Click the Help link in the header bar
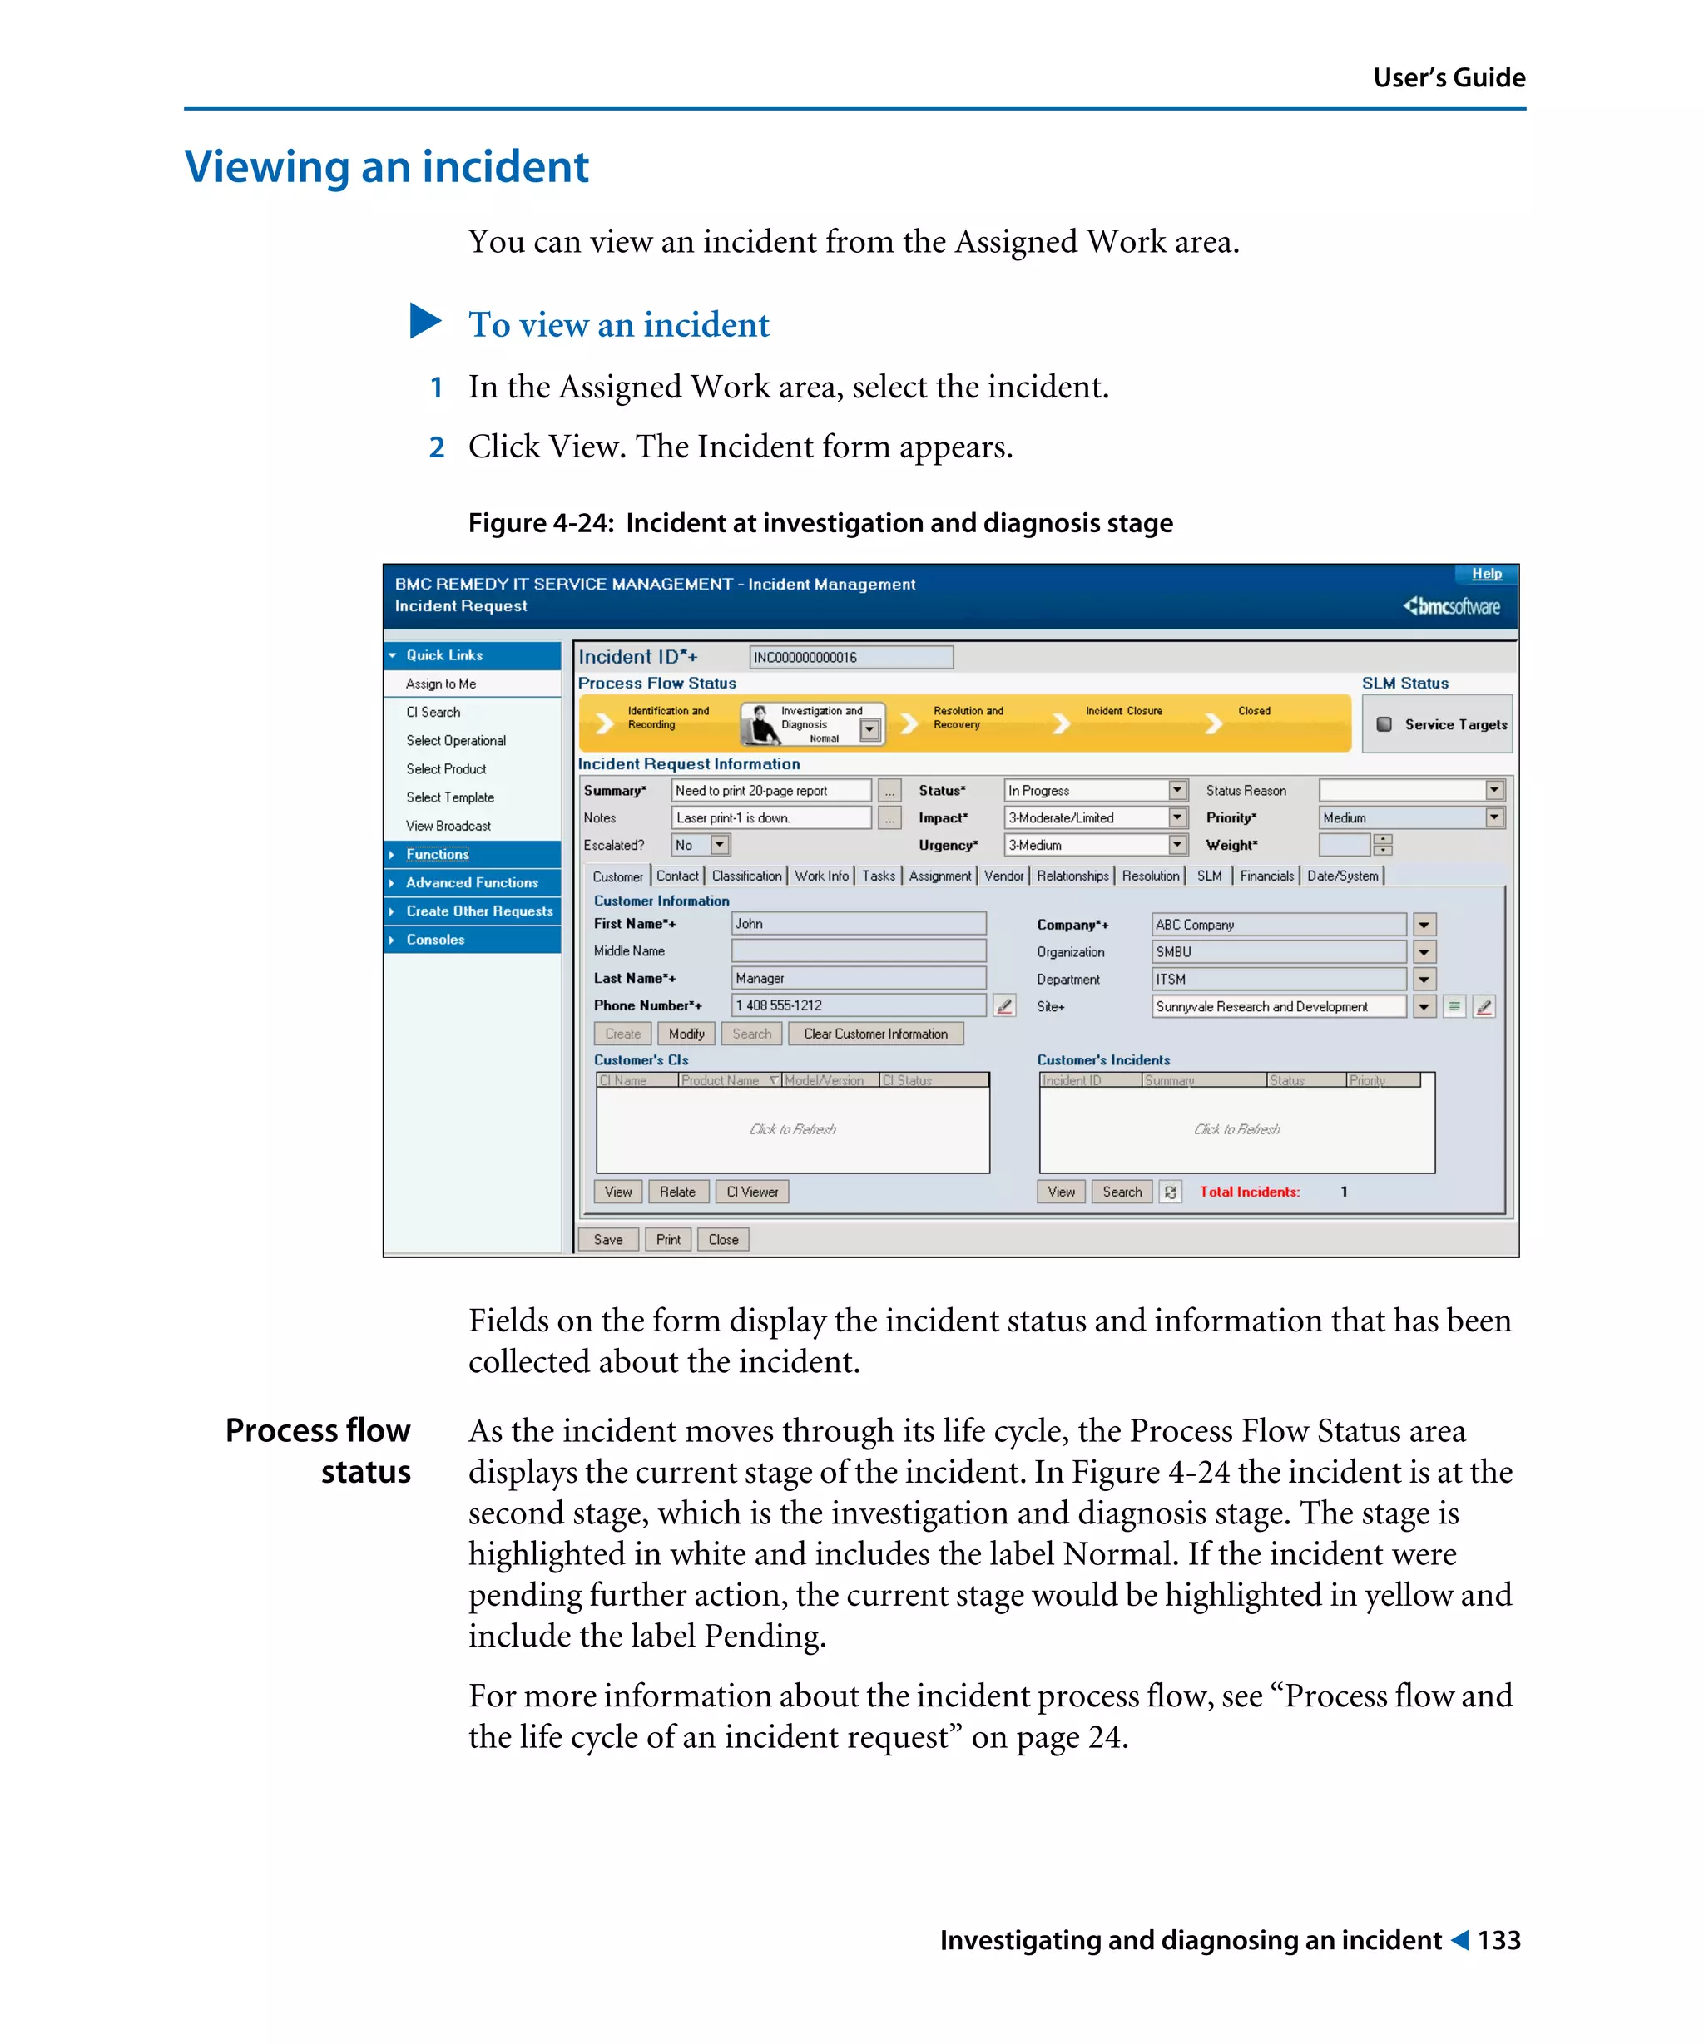pyautogui.click(x=1485, y=573)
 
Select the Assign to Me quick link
pyautogui.click(x=440, y=684)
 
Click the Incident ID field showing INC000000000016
pyautogui.click(x=850, y=657)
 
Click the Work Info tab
pyautogui.click(x=821, y=876)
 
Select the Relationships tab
pyautogui.click(x=1071, y=876)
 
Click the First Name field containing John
pyautogui.click(x=857, y=924)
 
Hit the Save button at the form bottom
pyautogui.click(x=607, y=1239)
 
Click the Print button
pyautogui.click(x=668, y=1239)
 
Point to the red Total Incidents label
pyautogui.click(x=1248, y=1192)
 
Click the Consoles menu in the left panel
pyautogui.click(x=435, y=940)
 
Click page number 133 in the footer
pyautogui.click(x=1498, y=1940)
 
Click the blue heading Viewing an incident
pyautogui.click(x=387, y=166)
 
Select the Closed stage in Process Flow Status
pyautogui.click(x=1253, y=712)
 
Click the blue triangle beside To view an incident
pyautogui.click(x=424, y=321)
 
